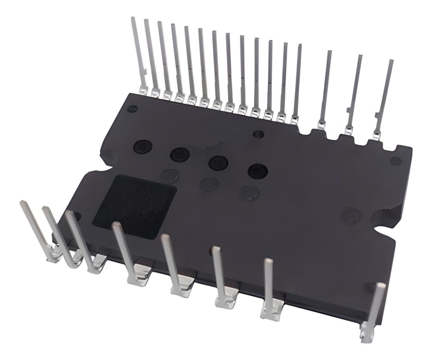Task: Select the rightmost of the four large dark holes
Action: tap(258, 171)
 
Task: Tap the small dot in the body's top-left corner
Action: tap(133, 108)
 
